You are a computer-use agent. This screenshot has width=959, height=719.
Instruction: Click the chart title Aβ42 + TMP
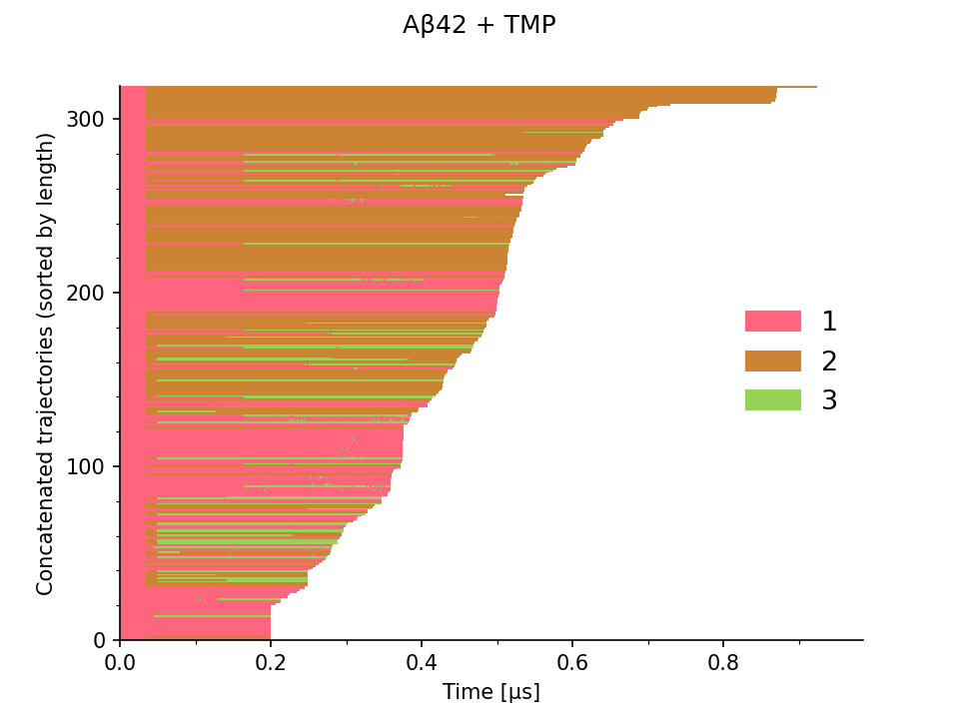(479, 25)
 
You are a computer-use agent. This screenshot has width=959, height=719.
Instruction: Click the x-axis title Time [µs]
(491, 692)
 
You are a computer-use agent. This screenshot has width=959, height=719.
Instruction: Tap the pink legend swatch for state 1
(773, 321)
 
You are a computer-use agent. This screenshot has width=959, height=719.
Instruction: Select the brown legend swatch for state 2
(773, 360)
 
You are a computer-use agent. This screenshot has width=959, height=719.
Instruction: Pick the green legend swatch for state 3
(773, 399)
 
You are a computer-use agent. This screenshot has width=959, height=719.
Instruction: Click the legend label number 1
(829, 322)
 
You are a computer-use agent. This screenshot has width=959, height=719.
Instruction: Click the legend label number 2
(829, 361)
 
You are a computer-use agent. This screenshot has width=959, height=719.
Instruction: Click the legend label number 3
(829, 400)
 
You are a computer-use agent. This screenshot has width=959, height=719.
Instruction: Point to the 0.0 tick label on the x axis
(120, 662)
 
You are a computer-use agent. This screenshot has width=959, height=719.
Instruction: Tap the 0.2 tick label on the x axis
(271, 662)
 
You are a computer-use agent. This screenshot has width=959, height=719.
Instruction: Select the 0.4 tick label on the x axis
(422, 662)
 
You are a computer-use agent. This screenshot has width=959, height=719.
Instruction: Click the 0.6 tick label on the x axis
(572, 662)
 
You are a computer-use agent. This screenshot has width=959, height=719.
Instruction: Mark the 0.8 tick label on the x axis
(723, 662)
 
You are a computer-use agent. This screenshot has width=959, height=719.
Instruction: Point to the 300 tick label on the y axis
(85, 119)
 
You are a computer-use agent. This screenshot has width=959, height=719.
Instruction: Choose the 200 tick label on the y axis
(85, 293)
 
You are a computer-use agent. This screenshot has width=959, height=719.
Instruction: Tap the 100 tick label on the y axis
(85, 466)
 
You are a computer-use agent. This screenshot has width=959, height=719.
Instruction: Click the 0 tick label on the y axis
(99, 641)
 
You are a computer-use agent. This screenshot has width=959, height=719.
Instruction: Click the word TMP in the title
(530, 25)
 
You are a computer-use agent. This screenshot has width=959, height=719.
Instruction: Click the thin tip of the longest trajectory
(816, 87)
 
